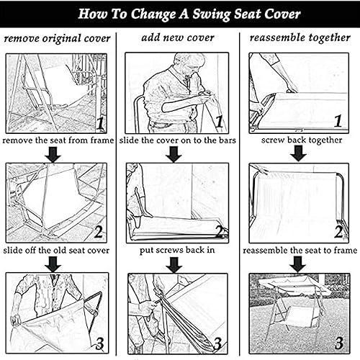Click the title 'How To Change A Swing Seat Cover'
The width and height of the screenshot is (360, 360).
coord(179,14)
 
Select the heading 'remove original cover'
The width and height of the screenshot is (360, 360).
coord(58,38)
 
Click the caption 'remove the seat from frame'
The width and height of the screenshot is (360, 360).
coord(58,140)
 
